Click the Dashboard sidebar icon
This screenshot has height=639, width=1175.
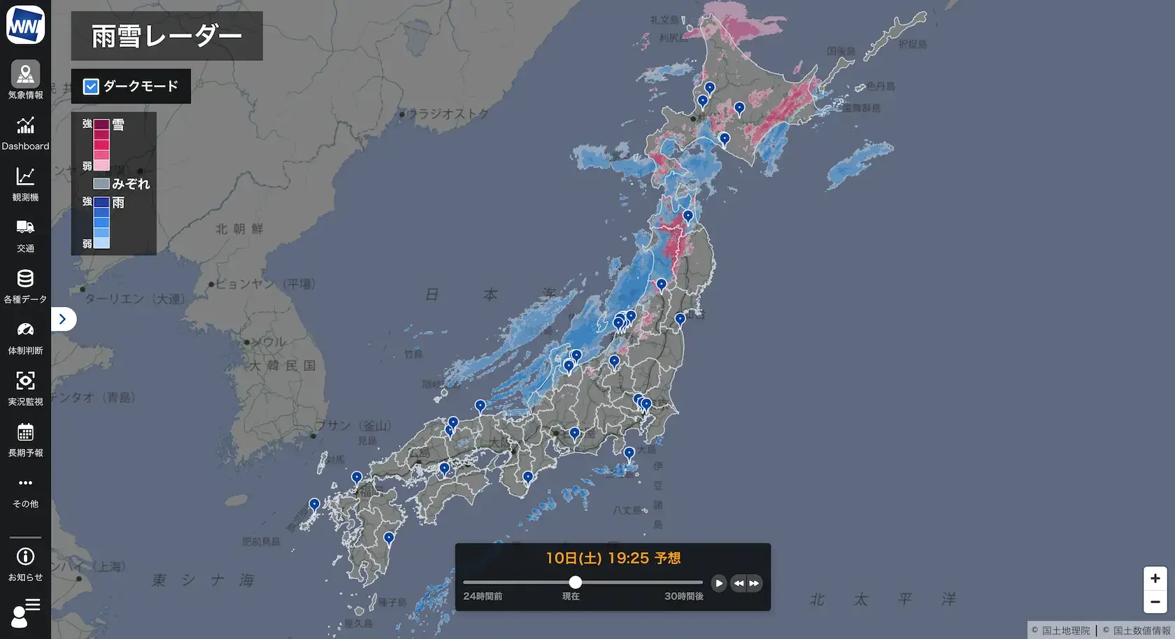25,127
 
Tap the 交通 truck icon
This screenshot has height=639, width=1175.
25,227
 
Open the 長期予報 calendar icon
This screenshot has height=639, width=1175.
25,432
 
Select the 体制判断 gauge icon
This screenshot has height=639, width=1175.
25,330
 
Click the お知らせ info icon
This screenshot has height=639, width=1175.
25,557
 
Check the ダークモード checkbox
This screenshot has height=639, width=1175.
91,86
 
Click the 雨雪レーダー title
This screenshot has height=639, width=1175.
166,36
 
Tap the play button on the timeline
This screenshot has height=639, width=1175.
719,583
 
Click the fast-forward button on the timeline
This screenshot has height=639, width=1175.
754,583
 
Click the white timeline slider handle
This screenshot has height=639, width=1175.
575,582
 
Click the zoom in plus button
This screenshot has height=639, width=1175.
1155,578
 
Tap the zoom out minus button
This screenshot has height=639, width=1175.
1155,601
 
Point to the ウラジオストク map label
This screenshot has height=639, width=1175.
448,113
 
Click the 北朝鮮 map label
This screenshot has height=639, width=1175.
239,229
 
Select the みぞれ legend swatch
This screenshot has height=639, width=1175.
101,184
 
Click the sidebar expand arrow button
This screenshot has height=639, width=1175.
63,319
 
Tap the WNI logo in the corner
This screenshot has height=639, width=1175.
25,25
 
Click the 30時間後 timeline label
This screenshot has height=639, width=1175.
683,596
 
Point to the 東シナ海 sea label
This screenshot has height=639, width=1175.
203,580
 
